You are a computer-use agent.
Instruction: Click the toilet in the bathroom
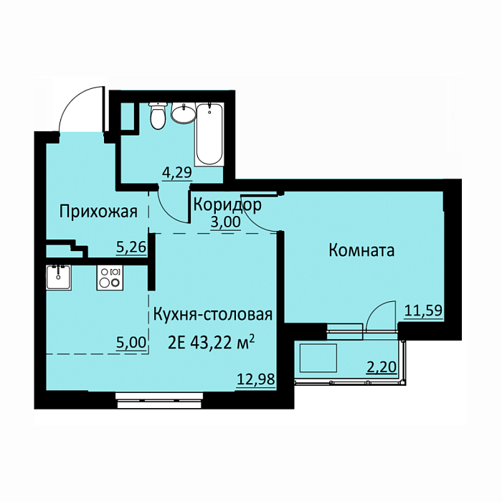pos(158,116)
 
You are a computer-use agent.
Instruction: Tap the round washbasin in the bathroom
pos(183,113)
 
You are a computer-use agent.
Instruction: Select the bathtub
pos(209,135)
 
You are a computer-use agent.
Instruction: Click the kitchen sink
pos(58,278)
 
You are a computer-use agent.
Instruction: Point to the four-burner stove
pos(110,278)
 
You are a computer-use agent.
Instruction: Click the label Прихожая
pos(98,212)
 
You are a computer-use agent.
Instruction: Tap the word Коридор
pos(227,205)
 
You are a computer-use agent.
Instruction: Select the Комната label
pos(361,250)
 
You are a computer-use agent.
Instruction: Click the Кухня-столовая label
pos(213,315)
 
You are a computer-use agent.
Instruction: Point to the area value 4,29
pos(176,172)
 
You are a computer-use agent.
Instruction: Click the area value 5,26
pos(131,247)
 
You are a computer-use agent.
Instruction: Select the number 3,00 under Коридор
pos(225,222)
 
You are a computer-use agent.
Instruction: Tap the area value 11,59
pos(424,310)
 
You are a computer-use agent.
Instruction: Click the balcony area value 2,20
pos(382,367)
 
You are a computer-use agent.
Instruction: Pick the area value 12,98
pos(256,379)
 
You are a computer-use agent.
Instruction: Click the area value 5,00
pos(131,343)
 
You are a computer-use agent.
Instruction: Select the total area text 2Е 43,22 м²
pos(212,343)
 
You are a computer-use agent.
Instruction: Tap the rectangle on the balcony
pos(318,358)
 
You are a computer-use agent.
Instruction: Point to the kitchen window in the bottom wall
pos(158,401)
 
